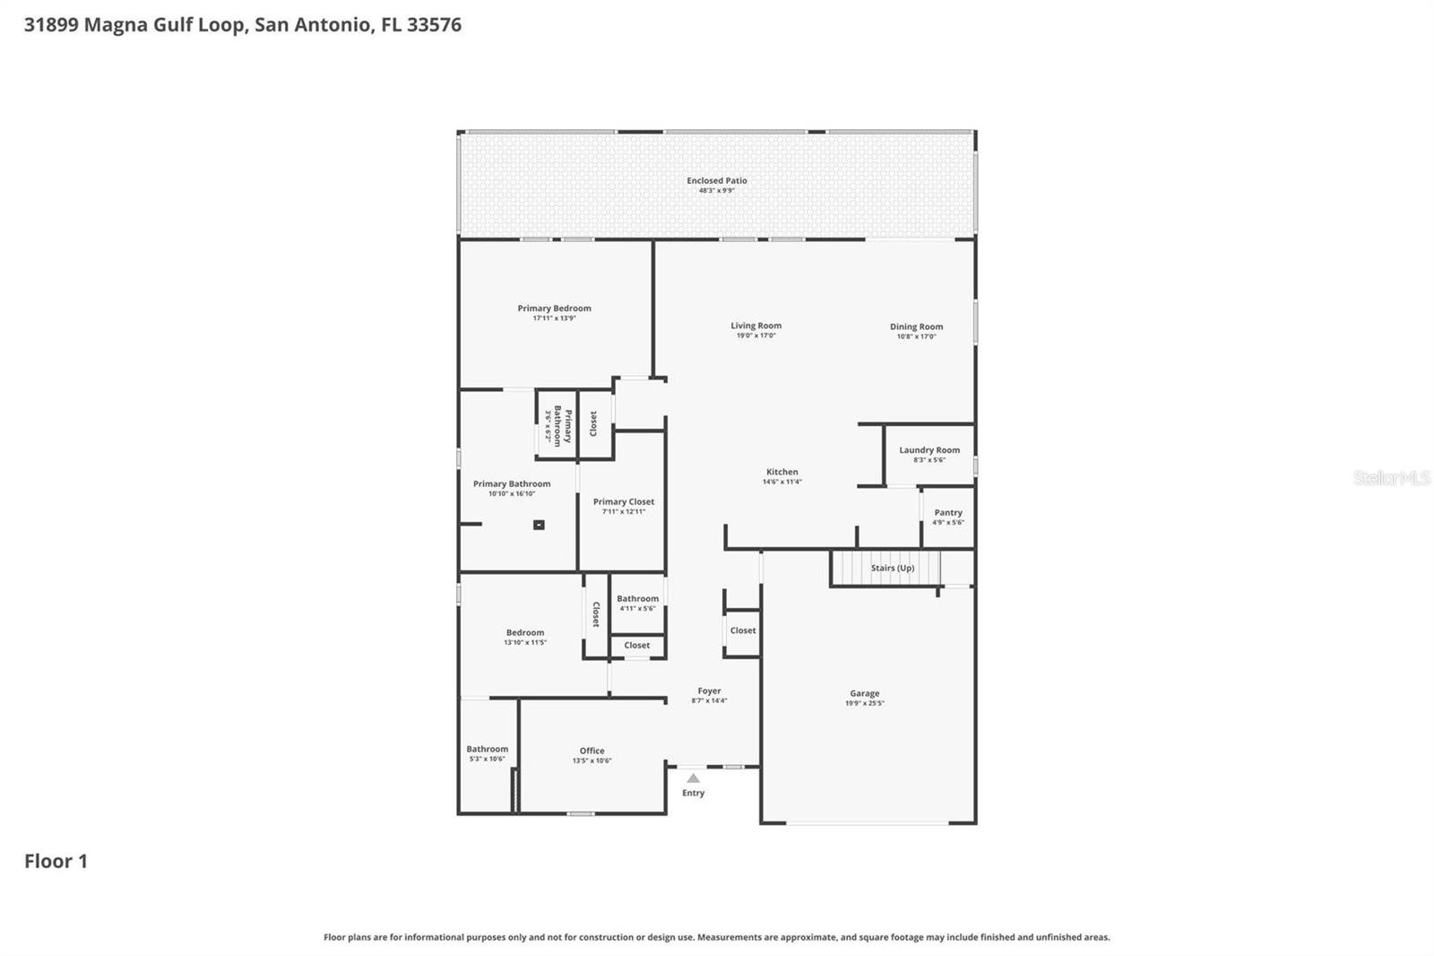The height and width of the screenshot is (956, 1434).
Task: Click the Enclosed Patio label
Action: [716, 180]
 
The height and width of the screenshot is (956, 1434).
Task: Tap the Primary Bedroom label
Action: [554, 309]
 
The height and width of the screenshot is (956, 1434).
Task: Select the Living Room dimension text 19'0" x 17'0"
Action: [756, 335]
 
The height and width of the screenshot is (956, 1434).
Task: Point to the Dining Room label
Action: [916, 326]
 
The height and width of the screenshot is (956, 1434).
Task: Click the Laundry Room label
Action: [929, 450]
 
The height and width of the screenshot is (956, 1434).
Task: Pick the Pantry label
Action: [947, 513]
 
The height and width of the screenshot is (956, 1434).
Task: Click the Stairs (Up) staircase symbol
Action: [886, 569]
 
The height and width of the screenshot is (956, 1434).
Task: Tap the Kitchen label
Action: [782, 472]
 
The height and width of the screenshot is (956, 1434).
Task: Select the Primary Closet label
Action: [623, 502]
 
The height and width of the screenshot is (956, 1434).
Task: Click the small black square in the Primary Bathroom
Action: [539, 525]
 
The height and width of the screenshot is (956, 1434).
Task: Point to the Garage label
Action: [864, 693]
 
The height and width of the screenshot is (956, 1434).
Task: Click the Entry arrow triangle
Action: [693, 778]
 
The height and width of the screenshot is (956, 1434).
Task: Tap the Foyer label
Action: [709, 691]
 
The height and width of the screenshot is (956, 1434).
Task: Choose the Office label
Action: [592, 751]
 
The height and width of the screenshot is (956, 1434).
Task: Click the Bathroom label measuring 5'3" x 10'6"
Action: [487, 749]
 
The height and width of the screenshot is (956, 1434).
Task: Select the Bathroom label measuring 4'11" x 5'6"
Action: [637, 598]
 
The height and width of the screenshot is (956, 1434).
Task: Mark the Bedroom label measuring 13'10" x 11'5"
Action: [524, 632]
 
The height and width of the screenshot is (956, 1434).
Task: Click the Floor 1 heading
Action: [56, 861]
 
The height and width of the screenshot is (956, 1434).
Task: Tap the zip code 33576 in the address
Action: [434, 24]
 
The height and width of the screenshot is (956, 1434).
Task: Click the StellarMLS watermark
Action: [1391, 478]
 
